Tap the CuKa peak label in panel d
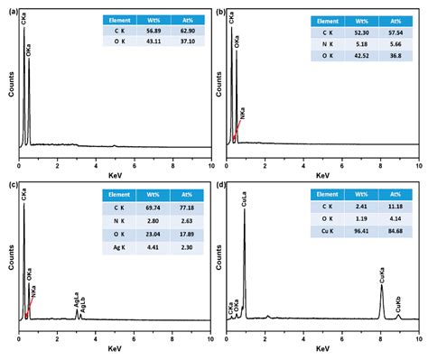click(381, 270)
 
